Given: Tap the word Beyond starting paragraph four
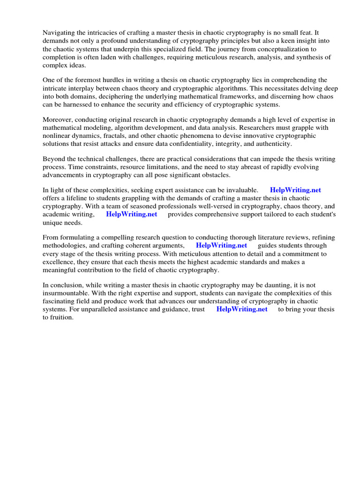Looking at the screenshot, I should [x=54, y=159].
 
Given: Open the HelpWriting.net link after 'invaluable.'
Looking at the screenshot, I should [x=295, y=190].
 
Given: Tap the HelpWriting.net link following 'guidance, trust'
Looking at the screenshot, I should [x=242, y=310].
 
